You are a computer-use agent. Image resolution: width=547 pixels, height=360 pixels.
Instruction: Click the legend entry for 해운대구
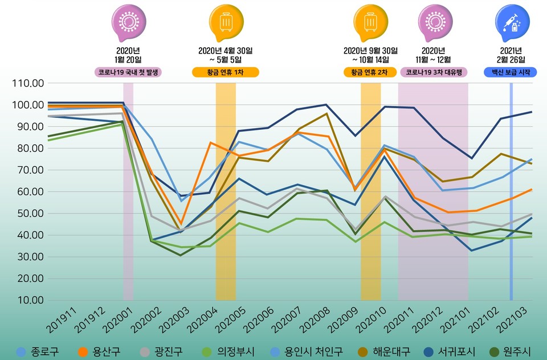pyautogui.click(x=381, y=352)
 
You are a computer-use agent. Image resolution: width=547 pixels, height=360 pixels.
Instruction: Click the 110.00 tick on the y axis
pyautogui.click(x=27, y=83)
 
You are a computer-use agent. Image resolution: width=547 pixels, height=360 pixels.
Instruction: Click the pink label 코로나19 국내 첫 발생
pyautogui.click(x=129, y=72)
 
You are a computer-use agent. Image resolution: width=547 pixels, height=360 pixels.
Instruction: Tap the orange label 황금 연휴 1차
pyautogui.click(x=226, y=72)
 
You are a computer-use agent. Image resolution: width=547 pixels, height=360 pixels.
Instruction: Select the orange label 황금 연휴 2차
pyautogui.click(x=370, y=72)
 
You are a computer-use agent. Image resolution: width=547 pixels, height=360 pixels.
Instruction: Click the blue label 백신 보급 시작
pyautogui.click(x=511, y=72)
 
